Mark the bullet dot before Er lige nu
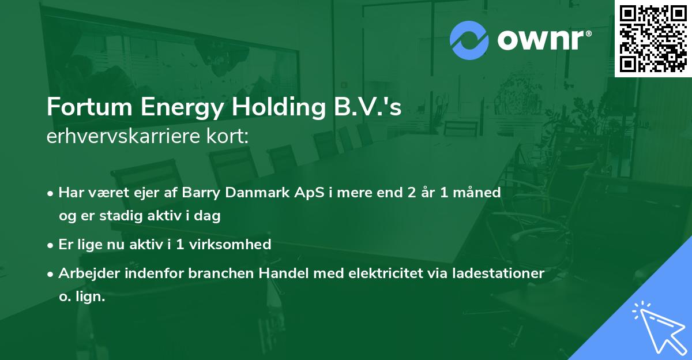coord(51,245)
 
